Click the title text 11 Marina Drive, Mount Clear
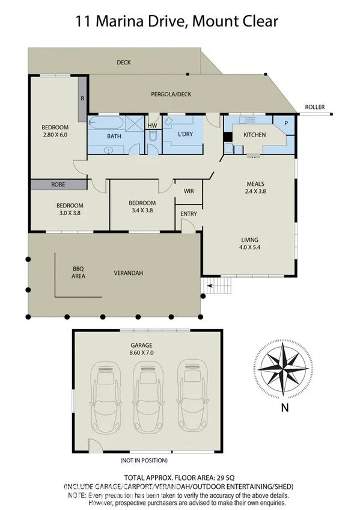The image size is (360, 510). tap(177, 22)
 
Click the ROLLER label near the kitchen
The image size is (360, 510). tap(314, 107)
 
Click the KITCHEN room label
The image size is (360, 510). tap(254, 135)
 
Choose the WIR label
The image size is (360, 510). tap(188, 191)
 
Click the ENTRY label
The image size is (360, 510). tap(188, 214)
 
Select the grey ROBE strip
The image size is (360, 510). tap(58, 185)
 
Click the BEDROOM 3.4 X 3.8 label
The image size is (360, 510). tap(142, 207)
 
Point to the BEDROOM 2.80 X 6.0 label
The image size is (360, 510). tap(55, 131)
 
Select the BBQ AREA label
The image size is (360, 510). tap(78, 272)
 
